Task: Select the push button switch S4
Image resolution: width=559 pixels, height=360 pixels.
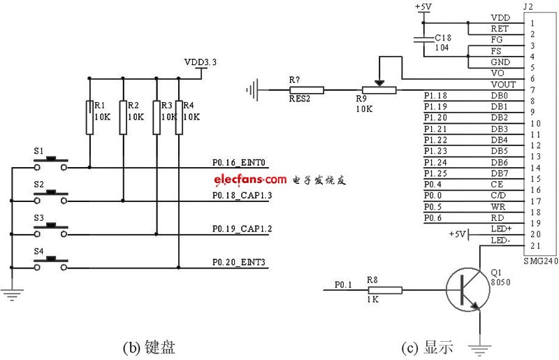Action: click(51, 262)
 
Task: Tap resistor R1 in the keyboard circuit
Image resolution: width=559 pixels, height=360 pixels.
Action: click(89, 117)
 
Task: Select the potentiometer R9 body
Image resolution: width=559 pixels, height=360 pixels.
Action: click(378, 89)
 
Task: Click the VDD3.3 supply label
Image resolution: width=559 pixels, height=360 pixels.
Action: click(201, 62)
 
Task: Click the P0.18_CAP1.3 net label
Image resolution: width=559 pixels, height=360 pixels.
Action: click(242, 195)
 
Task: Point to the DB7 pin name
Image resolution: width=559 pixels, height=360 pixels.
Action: click(500, 173)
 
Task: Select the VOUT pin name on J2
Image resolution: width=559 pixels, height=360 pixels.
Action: click(503, 84)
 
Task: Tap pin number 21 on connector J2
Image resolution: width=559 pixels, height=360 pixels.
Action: click(535, 245)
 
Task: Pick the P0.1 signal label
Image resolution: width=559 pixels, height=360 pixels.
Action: click(343, 284)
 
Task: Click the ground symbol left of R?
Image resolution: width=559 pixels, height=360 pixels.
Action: click(253, 89)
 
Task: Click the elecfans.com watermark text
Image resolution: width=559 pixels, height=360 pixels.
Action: click(250, 179)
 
